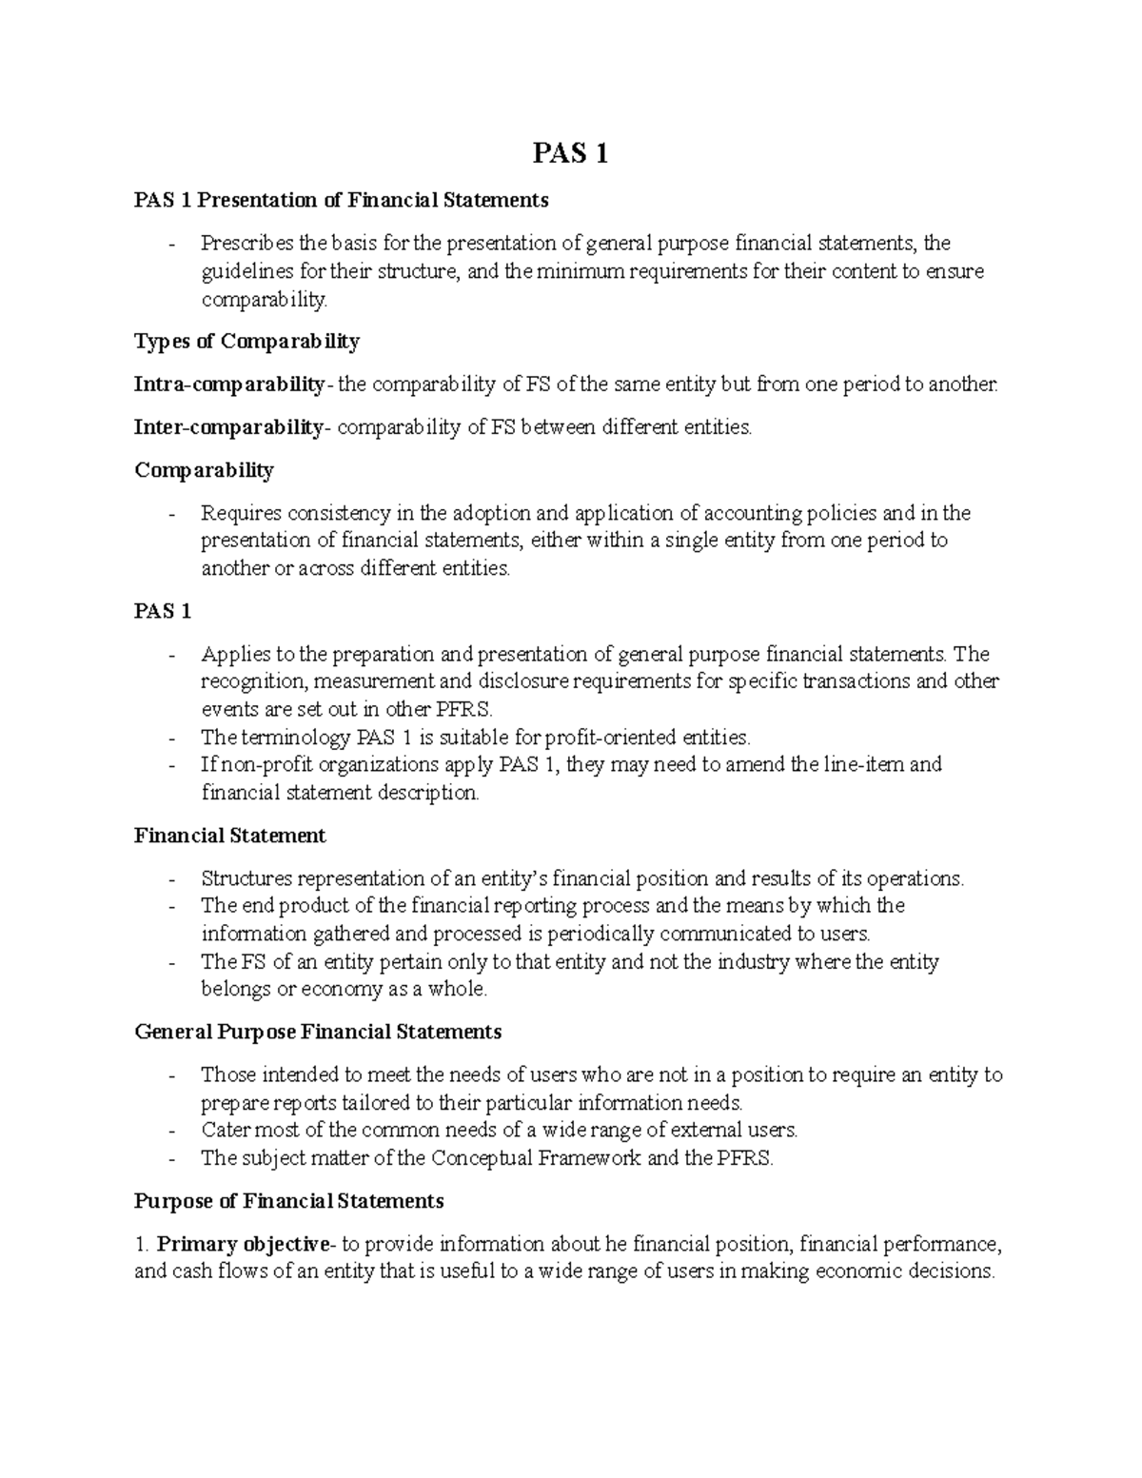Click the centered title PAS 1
(569, 153)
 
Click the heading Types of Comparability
(246, 341)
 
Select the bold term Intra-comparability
(229, 384)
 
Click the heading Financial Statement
(229, 836)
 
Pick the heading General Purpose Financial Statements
(318, 1032)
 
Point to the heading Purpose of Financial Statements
(288, 1201)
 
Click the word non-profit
(267, 764)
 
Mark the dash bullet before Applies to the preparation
(171, 655)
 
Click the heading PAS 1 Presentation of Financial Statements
(342, 200)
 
